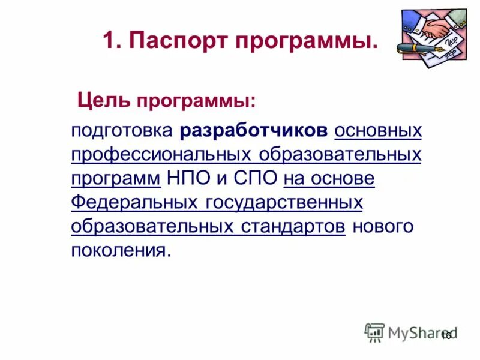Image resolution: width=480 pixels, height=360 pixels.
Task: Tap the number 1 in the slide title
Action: [108, 41]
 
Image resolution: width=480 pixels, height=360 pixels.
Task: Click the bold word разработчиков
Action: [254, 131]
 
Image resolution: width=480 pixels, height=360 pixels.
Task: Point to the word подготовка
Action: [121, 131]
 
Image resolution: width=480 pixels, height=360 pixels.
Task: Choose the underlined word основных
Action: [378, 131]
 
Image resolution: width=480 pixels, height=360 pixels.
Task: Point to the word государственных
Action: [284, 203]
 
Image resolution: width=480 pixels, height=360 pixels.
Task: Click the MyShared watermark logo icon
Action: [374, 332]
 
